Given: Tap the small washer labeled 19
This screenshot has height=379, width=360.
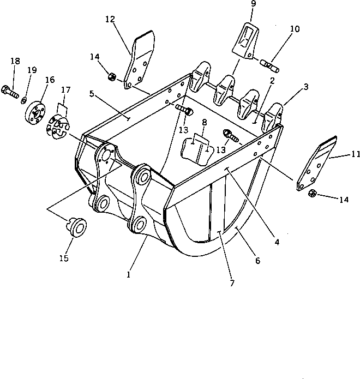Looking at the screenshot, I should pyautogui.click(x=25, y=100).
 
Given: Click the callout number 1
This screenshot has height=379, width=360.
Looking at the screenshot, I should pyautogui.click(x=128, y=275).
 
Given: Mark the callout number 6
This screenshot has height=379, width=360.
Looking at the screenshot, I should pyautogui.click(x=256, y=261).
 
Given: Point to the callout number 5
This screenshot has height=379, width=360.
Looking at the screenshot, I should pyautogui.click(x=93, y=93).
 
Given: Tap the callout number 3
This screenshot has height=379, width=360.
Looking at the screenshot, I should pyautogui.click(x=306, y=86).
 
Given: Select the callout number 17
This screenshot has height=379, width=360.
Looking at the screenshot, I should pyautogui.click(x=65, y=89).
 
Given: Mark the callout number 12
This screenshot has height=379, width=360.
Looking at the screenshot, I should pyautogui.click(x=110, y=19).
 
